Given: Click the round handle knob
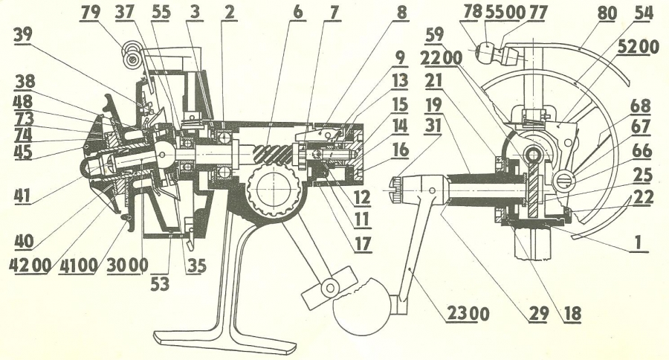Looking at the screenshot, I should [x=365, y=306].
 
